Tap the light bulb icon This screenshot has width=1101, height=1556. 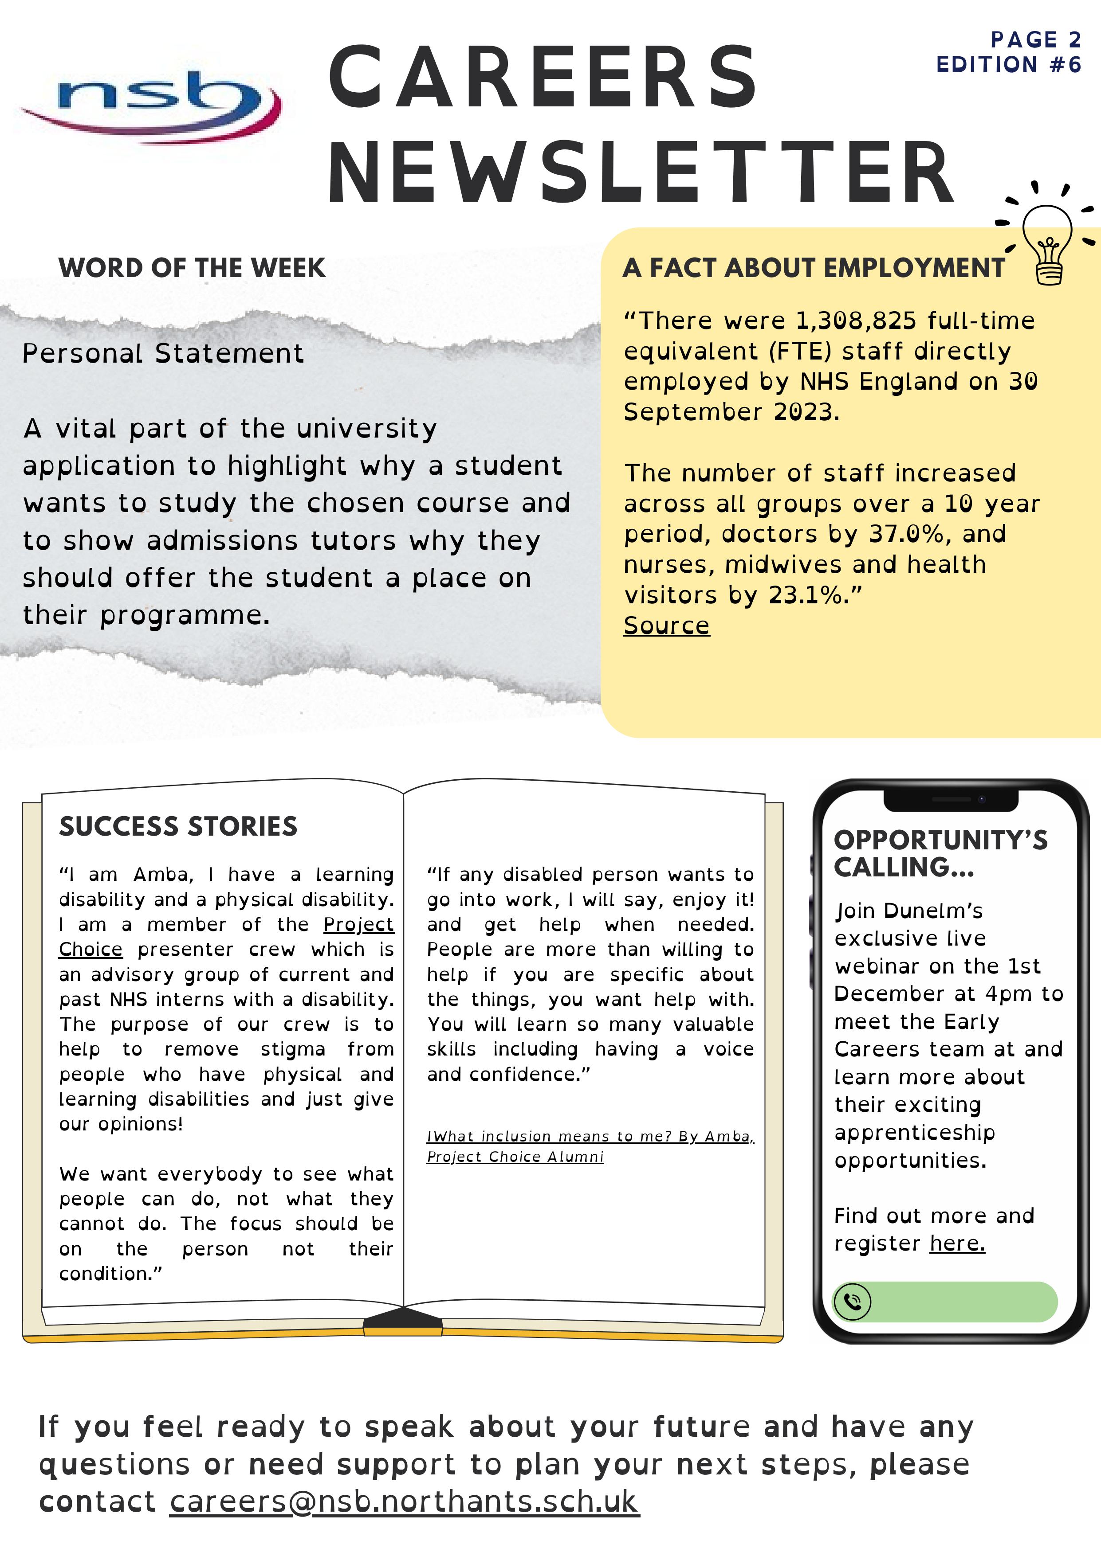point(1047,243)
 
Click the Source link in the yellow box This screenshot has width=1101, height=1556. point(666,626)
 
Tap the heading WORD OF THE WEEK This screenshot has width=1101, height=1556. point(192,268)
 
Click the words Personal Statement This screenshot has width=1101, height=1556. point(163,354)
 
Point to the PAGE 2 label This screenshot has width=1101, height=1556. point(1035,40)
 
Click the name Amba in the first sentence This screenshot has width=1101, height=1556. point(163,875)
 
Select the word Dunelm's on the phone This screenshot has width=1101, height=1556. point(944,911)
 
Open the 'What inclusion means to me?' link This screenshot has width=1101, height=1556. point(590,1137)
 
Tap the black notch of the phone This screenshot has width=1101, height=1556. point(951,800)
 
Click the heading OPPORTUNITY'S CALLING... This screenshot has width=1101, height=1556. point(940,854)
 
